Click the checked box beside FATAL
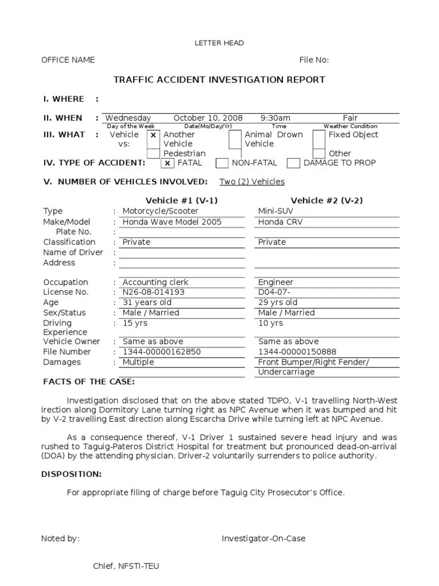pyautogui.click(x=167, y=163)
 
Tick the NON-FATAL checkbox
pyautogui.click(x=222, y=163)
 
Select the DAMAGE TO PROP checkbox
pyautogui.click(x=293, y=163)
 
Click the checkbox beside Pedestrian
pyautogui.click(x=153, y=153)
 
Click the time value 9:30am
pyautogui.click(x=275, y=118)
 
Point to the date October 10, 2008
pyautogui.click(x=207, y=118)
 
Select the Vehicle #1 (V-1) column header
pyautogui.click(x=182, y=200)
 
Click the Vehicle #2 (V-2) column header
pyautogui.click(x=326, y=200)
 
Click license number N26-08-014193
pyautogui.click(x=153, y=292)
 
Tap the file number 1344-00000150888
pyautogui.click(x=297, y=352)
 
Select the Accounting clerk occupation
pyautogui.click(x=155, y=282)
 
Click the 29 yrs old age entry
pyautogui.click(x=278, y=303)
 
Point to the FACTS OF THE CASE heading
pyautogui.click(x=89, y=382)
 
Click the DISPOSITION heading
pyautogui.click(x=71, y=474)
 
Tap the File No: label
pyautogui.click(x=314, y=60)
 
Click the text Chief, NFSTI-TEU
pyautogui.click(x=126, y=566)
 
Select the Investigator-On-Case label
pyautogui.click(x=264, y=539)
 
